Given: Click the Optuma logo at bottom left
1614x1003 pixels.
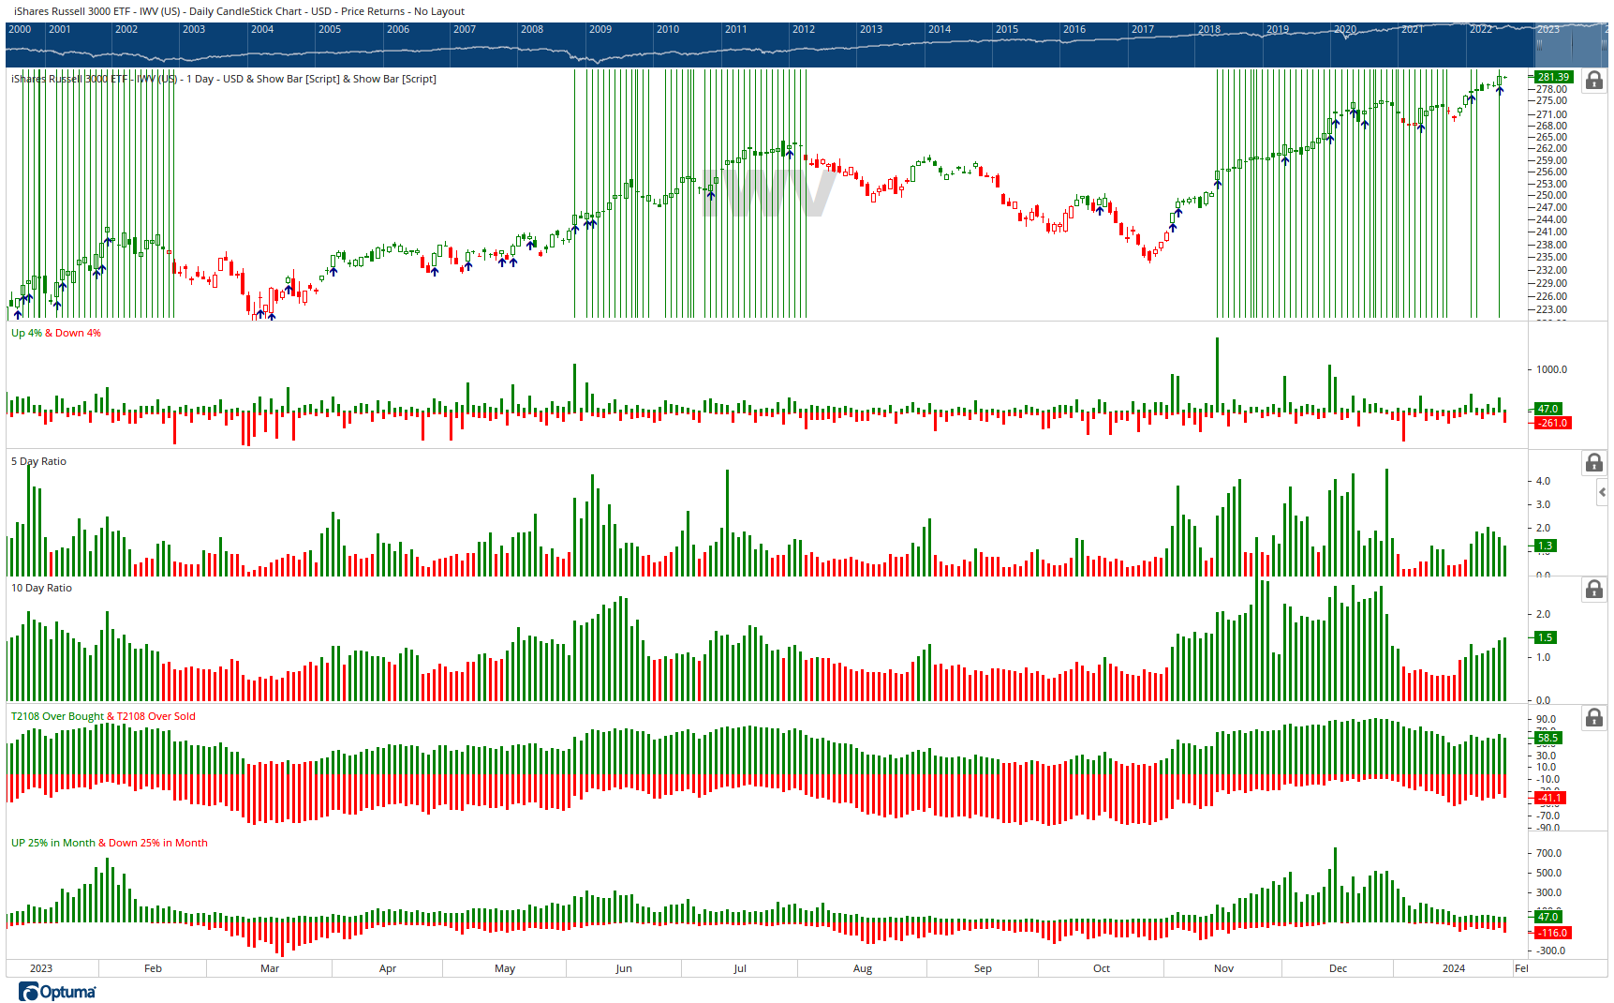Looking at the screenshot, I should pyautogui.click(x=57, y=992).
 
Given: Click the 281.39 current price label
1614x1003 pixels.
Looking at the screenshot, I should pyautogui.click(x=1553, y=77).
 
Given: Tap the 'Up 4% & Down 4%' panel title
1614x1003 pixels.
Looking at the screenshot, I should pyautogui.click(x=55, y=333).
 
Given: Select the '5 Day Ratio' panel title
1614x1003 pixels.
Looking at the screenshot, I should pyautogui.click(x=38, y=461).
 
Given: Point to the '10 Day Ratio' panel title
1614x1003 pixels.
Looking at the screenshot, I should pyautogui.click(x=41, y=588).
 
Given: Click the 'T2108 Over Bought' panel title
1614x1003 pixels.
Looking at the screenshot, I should pyautogui.click(x=57, y=716).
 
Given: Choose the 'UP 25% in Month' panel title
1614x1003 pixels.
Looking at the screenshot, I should pyautogui.click(x=52, y=843).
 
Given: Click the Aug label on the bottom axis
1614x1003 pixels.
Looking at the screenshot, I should pyautogui.click(x=863, y=968).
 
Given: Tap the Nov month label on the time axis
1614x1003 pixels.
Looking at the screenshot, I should pyautogui.click(x=1223, y=968).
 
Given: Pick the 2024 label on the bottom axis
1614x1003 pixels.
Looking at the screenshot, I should pyautogui.click(x=1453, y=968).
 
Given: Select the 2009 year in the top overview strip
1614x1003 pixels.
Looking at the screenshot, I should pyautogui.click(x=600, y=29).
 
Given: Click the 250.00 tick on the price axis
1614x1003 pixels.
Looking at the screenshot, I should pyautogui.click(x=1551, y=195).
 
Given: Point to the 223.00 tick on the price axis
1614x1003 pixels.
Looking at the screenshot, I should pyautogui.click(x=1551, y=309).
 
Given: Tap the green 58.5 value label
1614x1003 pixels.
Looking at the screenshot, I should pyautogui.click(x=1547, y=738).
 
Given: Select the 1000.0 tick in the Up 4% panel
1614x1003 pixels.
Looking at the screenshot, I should pyautogui.click(x=1551, y=369).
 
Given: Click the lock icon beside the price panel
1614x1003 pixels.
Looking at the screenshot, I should pyautogui.click(x=1593, y=81).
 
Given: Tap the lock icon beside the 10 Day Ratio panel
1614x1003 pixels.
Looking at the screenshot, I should pyautogui.click(x=1593, y=590).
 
